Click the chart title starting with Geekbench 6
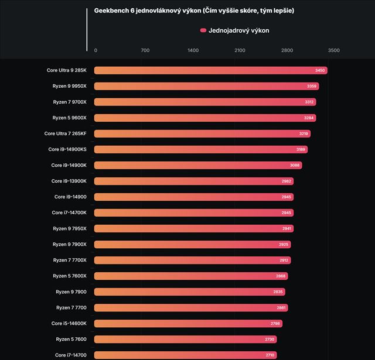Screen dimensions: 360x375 tap(194, 11)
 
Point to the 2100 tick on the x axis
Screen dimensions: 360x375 tap(240, 50)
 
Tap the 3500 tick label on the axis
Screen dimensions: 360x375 tap(333, 50)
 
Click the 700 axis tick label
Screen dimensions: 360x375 tap(145, 50)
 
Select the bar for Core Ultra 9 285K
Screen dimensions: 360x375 tap(210, 70)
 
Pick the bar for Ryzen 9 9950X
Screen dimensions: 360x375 tap(206, 86)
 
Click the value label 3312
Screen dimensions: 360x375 tap(311, 102)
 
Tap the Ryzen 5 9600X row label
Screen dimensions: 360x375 tap(69, 118)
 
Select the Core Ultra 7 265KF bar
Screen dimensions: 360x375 tap(202, 133)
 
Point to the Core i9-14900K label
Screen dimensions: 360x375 tap(69, 165)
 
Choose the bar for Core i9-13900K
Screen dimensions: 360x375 tap(193, 181)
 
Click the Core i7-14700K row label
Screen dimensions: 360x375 tap(69, 212)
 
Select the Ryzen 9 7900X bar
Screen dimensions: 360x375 tap(192, 244)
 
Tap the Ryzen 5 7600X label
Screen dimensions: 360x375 tap(69, 276)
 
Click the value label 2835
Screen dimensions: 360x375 tap(279, 292)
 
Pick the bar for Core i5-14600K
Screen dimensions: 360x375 tap(188, 323)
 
